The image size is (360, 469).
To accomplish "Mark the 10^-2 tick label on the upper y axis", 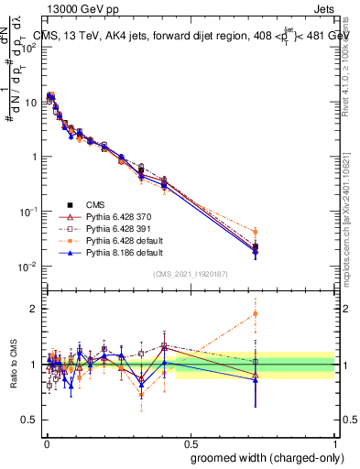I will (28, 267).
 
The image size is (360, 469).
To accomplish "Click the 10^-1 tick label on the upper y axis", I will (28, 212).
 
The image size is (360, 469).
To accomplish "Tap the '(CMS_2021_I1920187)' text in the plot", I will (190, 275).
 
